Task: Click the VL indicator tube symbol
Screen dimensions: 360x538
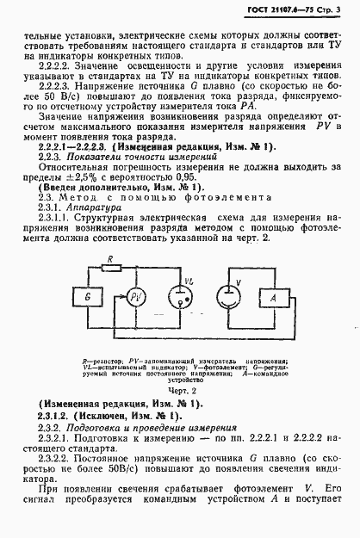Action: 183,322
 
